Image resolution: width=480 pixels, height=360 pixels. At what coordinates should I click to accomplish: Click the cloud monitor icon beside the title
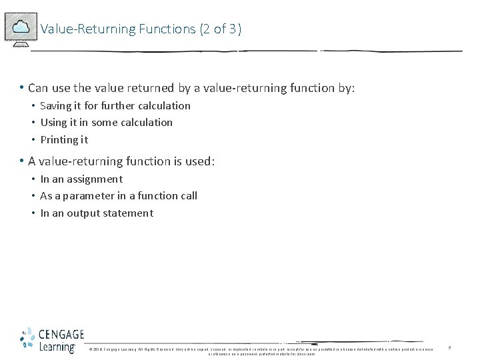click(20, 29)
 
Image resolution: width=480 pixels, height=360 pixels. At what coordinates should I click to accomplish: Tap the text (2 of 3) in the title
click(221, 29)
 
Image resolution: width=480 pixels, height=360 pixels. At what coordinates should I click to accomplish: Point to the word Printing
click(59, 140)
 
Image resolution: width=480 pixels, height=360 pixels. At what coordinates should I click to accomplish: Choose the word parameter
click(89, 196)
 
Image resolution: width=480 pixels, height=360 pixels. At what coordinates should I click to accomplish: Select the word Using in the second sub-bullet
click(53, 123)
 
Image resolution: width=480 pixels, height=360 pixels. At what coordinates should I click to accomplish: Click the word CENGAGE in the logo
click(61, 335)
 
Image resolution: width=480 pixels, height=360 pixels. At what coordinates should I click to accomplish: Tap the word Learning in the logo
click(57, 347)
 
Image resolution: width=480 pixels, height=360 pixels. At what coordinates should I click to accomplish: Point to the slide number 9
click(449, 348)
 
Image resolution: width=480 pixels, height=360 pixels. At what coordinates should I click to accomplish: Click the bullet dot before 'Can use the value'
click(22, 88)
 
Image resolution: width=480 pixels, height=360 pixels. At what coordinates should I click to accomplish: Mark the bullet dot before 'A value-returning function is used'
click(22, 161)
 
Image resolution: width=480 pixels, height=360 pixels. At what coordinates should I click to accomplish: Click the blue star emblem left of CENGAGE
click(27, 339)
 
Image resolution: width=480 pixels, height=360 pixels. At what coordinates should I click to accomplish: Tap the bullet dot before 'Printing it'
click(33, 140)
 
